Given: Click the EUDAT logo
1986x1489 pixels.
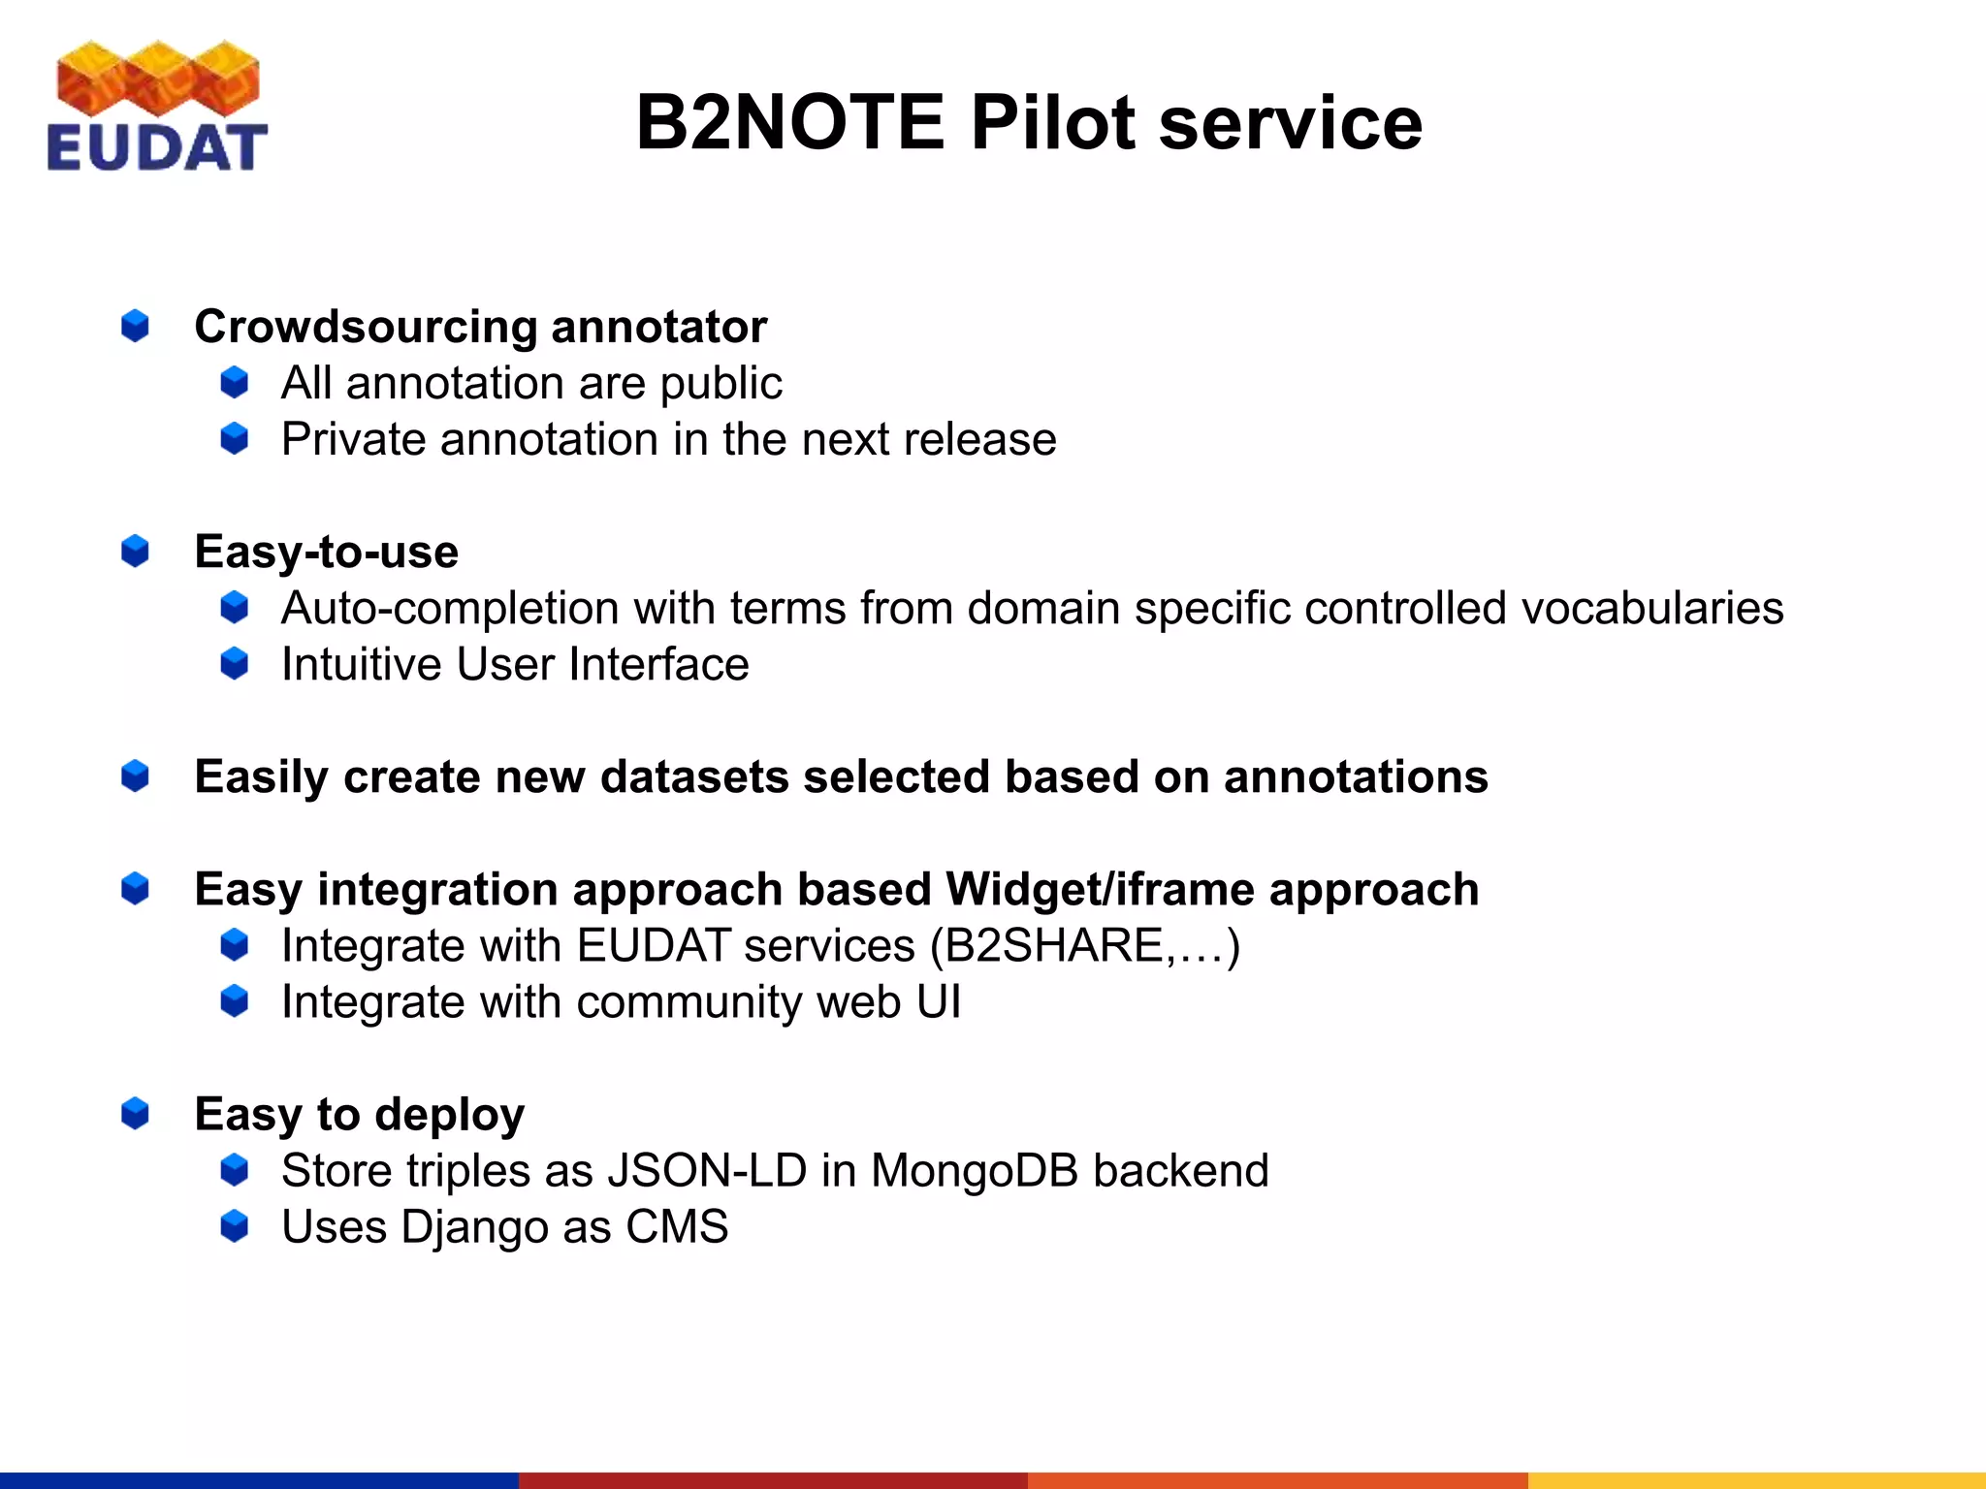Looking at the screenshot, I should point(157,107).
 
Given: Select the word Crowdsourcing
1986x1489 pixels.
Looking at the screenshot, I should point(365,327).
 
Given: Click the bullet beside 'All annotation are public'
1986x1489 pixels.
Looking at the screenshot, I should point(235,383).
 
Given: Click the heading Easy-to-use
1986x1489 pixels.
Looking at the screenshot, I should point(326,552).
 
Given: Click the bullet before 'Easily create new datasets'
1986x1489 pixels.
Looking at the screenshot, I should point(135,776).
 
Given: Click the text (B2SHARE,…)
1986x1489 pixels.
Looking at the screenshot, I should point(1084,946).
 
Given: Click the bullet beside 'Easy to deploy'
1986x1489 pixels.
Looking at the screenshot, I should point(135,1114).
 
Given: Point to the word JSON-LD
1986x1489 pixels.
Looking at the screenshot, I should point(707,1171).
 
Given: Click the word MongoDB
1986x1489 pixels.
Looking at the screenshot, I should point(975,1171).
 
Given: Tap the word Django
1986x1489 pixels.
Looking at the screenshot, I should point(474,1227).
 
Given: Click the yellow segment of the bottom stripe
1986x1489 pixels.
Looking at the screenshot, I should point(1755,1479).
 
